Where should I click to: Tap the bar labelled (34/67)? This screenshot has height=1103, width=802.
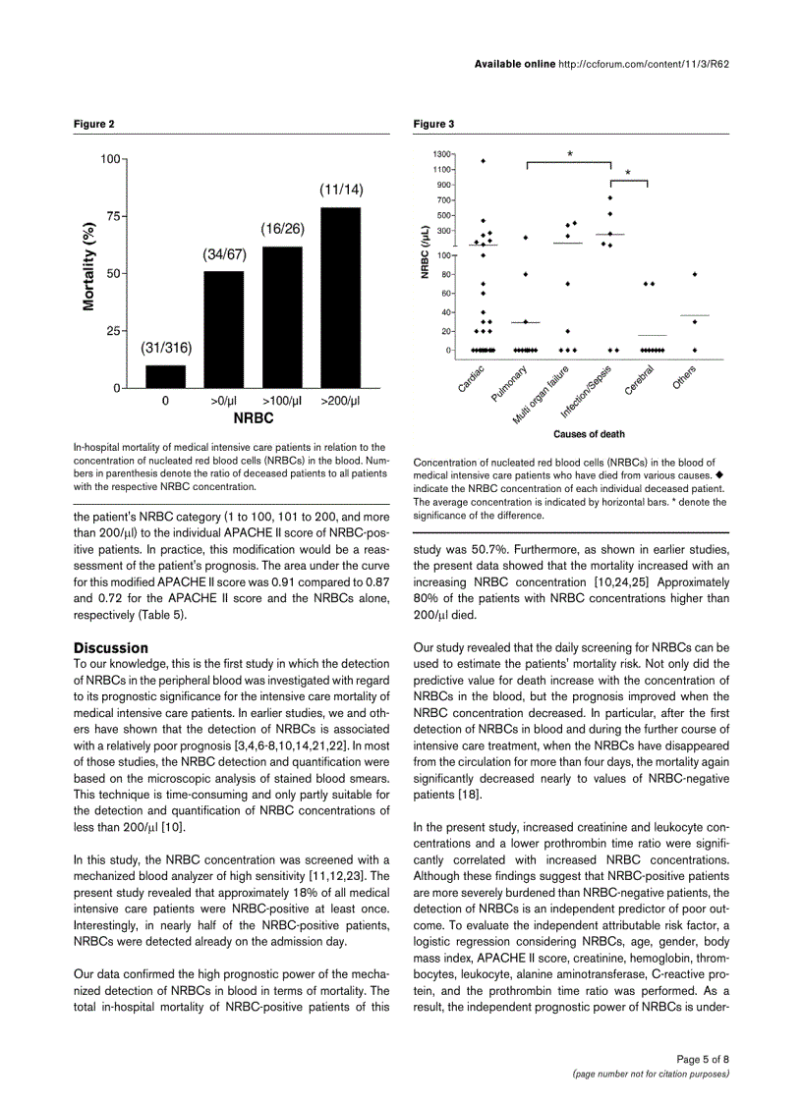tap(224, 329)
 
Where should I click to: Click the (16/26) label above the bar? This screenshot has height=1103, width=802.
tap(282, 228)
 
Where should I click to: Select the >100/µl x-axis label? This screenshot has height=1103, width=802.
tap(282, 401)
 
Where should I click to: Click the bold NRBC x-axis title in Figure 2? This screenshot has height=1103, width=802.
tap(253, 417)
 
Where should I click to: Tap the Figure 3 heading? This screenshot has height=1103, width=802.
tap(433, 124)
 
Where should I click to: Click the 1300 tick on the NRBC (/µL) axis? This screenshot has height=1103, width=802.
tap(441, 154)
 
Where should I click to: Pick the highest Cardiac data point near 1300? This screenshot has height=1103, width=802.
tap(483, 161)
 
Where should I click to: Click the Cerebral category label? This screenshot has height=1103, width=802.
tap(640, 381)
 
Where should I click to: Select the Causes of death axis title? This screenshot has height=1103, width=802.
tap(589, 433)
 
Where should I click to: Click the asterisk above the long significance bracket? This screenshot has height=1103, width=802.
tap(570, 154)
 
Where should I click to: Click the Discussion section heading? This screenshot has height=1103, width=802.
tap(111, 648)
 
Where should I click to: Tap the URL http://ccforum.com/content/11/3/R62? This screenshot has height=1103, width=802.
tap(642, 63)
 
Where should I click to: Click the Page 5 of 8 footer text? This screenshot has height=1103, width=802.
tap(703, 1059)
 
